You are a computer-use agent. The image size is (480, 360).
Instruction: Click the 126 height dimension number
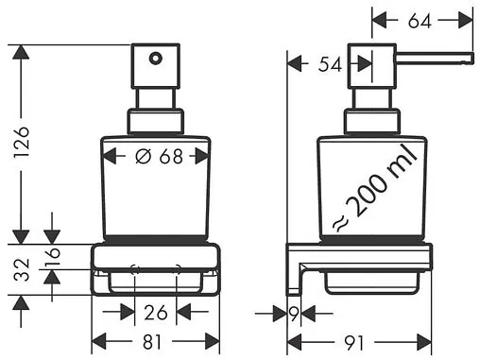pyautogui.click(x=22, y=143)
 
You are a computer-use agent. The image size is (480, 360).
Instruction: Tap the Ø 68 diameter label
pyautogui.click(x=159, y=156)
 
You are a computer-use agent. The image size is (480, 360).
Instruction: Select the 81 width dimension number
pyautogui.click(x=152, y=342)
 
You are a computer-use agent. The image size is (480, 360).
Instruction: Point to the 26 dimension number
pyautogui.click(x=156, y=313)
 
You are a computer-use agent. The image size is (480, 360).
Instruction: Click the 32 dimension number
pyautogui.click(x=22, y=269)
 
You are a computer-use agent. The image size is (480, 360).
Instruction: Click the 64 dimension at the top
pyautogui.click(x=420, y=21)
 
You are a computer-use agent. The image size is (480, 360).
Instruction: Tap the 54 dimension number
pyautogui.click(x=330, y=64)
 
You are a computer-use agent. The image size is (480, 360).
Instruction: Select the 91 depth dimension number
pyautogui.click(x=353, y=342)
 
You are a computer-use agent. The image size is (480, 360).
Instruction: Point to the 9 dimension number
pyautogui.click(x=294, y=314)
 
